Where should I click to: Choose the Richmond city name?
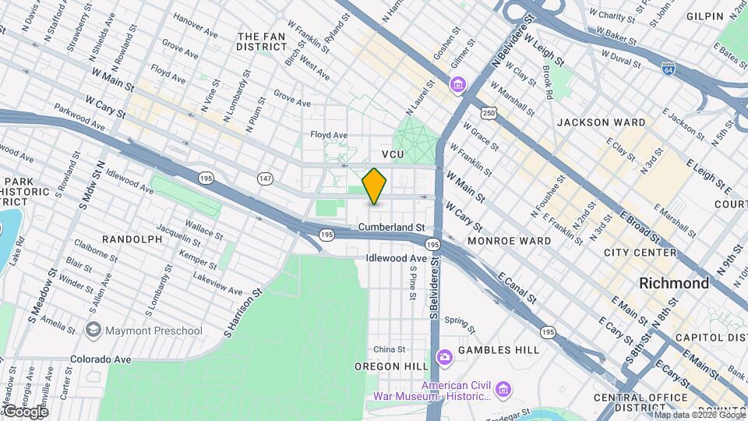(x=674, y=283)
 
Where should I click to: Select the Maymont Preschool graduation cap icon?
(x=94, y=331)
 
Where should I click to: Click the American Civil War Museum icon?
(x=503, y=388)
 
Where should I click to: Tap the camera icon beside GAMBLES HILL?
(x=445, y=357)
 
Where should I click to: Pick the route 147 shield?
(x=266, y=179)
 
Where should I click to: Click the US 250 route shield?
(x=489, y=114)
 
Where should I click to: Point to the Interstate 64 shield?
(x=668, y=69)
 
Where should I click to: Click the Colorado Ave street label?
(x=98, y=359)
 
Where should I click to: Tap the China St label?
(x=389, y=348)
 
